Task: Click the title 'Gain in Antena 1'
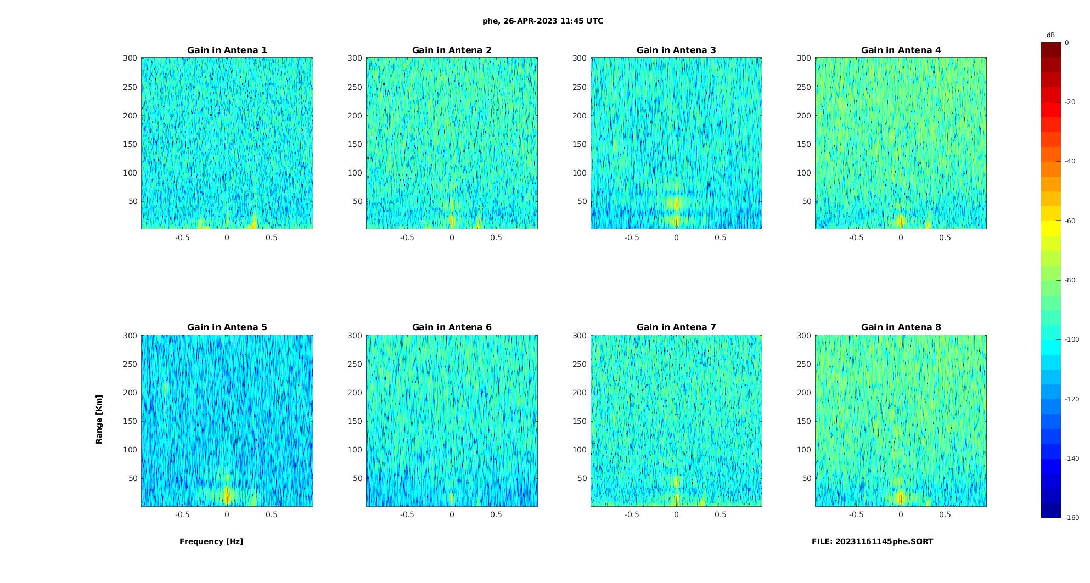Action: [x=227, y=50]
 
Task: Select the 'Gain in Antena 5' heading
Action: [x=227, y=327]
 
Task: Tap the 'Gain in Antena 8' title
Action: [x=901, y=327]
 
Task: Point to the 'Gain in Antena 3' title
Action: [x=676, y=50]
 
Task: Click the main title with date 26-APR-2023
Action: [x=543, y=21]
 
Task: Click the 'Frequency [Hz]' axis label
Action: [x=211, y=541]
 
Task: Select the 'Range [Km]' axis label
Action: [x=99, y=419]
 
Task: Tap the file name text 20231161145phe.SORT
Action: [x=872, y=541]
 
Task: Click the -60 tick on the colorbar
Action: [x=1070, y=221]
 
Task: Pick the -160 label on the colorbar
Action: [x=1072, y=518]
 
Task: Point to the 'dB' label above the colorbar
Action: [x=1050, y=35]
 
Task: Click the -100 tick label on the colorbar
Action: [x=1072, y=339]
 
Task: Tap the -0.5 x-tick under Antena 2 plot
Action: [x=407, y=237]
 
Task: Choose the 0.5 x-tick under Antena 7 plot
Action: [x=721, y=514]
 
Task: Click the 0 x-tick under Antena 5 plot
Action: [x=227, y=514]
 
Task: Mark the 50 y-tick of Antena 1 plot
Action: [x=132, y=201]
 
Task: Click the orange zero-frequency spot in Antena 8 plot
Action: [x=901, y=497]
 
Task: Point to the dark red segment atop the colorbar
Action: [x=1051, y=50]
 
